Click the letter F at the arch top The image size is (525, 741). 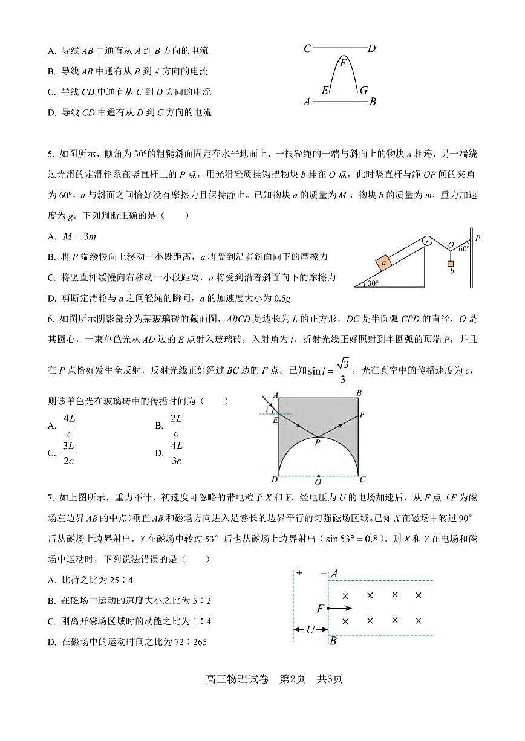coord(344,63)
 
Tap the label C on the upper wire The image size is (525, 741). coord(308,48)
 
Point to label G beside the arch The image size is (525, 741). coord(363,91)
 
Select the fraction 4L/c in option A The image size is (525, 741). coord(70,426)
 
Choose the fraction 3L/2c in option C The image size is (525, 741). coord(68,453)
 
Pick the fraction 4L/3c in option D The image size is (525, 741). coord(177,453)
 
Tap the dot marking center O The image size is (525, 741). coord(319,476)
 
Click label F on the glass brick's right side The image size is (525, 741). coord(362,415)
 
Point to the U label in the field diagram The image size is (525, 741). coord(310,629)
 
